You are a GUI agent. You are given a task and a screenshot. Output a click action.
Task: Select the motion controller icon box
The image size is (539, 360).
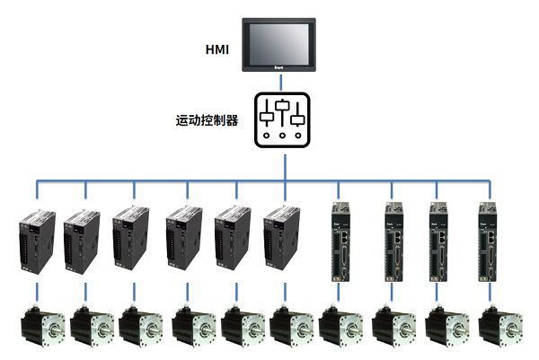coord(283,119)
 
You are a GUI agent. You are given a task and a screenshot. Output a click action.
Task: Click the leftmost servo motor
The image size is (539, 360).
coord(39,330)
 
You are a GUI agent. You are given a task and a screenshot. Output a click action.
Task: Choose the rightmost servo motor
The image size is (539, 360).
coord(500,330)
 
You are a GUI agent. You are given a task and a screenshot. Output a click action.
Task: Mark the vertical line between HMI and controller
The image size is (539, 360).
coord(283,81)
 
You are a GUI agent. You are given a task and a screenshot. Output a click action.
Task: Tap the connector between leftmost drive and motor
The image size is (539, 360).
coord(37,294)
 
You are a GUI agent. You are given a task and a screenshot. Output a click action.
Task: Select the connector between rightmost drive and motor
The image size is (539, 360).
coord(490,294)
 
